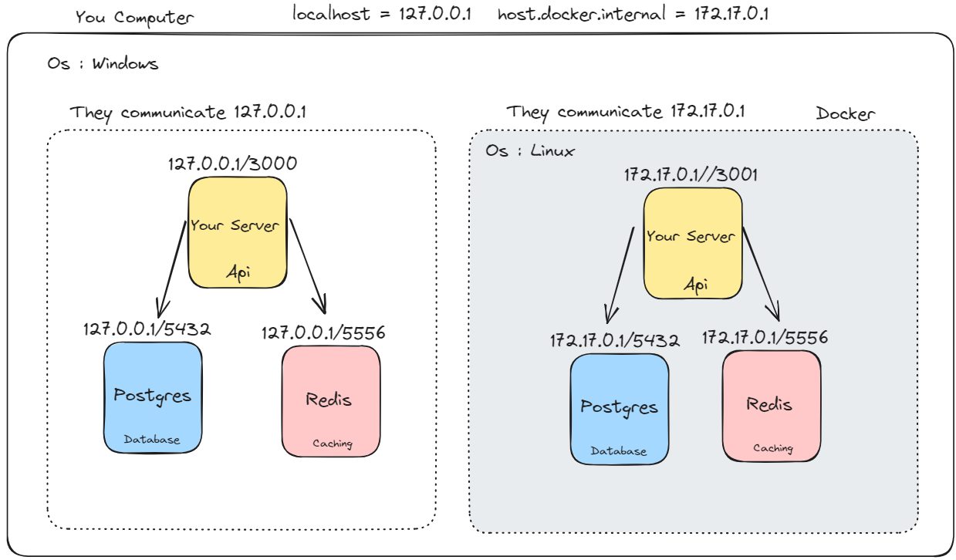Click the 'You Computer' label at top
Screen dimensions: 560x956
(x=134, y=17)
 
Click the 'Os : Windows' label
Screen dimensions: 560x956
(x=103, y=64)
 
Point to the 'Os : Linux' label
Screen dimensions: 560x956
(x=529, y=151)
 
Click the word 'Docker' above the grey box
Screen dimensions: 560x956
(x=846, y=114)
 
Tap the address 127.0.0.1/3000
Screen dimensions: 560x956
(x=232, y=164)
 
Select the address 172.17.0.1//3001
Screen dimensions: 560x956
(x=691, y=175)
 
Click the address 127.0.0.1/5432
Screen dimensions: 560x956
(x=147, y=329)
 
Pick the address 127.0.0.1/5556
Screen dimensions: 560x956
(x=323, y=333)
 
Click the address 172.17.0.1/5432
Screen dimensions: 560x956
(x=614, y=340)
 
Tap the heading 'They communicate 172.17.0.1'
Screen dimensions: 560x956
(x=625, y=113)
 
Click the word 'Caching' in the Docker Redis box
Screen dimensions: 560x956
(x=772, y=448)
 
